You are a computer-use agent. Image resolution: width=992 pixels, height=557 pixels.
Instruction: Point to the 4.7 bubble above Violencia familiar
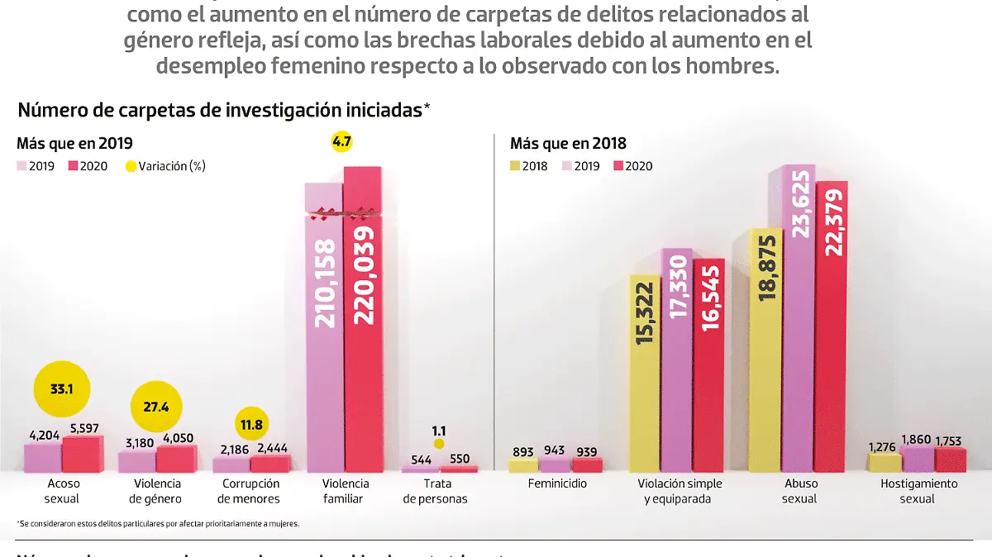click(341, 141)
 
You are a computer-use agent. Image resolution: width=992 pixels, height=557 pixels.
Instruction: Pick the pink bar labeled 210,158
click(324, 331)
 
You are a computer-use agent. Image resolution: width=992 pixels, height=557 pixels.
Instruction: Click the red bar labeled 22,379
click(832, 331)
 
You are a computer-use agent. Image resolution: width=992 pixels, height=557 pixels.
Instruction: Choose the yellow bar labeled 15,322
click(645, 372)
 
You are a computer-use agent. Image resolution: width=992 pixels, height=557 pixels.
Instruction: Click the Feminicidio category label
click(557, 483)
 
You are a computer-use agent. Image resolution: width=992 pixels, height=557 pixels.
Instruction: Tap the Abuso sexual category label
click(799, 491)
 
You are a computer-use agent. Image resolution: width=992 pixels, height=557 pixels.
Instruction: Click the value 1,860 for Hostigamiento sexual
click(918, 440)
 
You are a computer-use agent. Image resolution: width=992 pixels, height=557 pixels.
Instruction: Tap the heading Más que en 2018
click(568, 143)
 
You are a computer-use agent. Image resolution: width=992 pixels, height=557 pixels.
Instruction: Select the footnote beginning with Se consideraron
click(157, 524)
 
